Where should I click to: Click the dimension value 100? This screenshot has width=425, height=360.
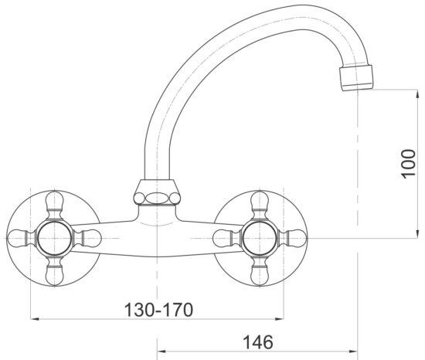pos(409,164)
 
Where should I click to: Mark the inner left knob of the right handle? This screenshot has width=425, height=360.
pos(226,236)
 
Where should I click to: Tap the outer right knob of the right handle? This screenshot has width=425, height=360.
pos(293,236)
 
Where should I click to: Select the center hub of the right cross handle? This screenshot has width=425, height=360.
pos(260,236)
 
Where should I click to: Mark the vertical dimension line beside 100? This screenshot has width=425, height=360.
pos(393,164)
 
